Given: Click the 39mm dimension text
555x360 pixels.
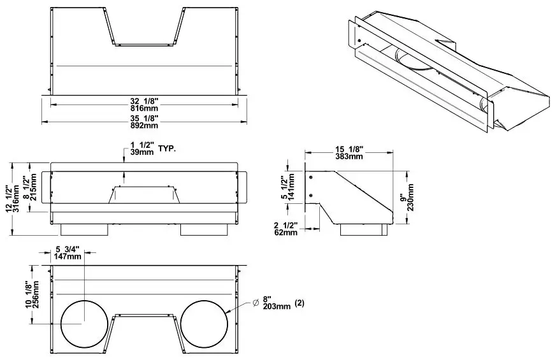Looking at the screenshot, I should [141, 154].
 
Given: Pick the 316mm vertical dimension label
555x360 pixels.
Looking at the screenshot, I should [17, 198].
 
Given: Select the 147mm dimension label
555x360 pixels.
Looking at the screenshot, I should [68, 256].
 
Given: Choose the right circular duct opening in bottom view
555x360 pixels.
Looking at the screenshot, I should [204, 322].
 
